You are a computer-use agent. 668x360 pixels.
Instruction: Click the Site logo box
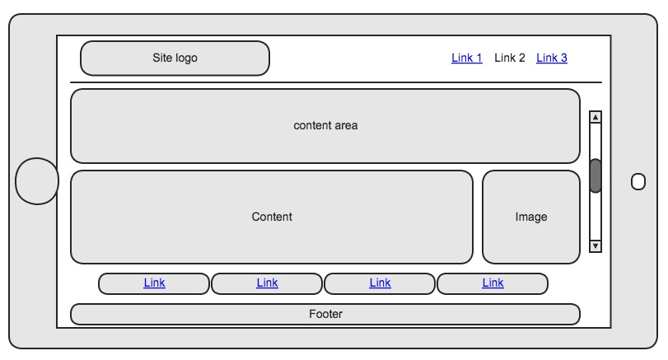click(175, 58)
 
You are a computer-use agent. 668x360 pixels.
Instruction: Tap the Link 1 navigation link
click(467, 58)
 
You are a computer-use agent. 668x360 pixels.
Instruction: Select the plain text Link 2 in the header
click(510, 58)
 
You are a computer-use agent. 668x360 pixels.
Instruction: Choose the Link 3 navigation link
click(552, 58)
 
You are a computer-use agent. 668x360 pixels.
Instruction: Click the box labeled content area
click(325, 126)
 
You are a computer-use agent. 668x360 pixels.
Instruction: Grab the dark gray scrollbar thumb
click(596, 175)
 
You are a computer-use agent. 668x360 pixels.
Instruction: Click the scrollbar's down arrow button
click(596, 245)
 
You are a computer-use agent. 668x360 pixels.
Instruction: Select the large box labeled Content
click(272, 217)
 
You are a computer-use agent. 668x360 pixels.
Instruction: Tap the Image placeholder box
click(531, 217)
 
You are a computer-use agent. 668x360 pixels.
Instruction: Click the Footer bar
click(325, 315)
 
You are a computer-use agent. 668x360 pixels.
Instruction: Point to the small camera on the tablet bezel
click(638, 182)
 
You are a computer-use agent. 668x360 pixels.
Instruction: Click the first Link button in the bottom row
click(154, 283)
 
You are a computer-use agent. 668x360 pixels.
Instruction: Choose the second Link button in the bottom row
click(267, 283)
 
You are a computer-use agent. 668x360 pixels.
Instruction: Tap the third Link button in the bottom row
click(380, 283)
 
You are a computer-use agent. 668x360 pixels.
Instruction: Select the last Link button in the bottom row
click(493, 283)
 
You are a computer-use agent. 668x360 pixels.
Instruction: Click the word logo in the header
click(186, 58)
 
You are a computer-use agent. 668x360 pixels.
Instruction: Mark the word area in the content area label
click(345, 126)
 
